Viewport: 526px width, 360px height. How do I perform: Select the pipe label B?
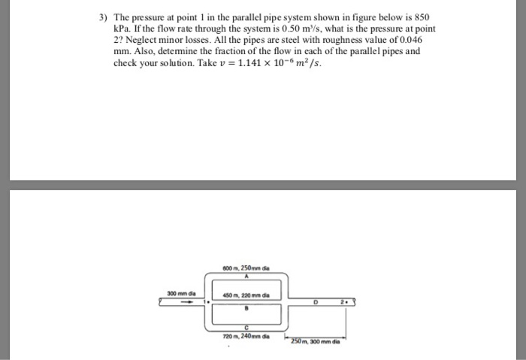click(x=243, y=305)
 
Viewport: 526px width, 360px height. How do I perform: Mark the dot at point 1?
click(x=204, y=302)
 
